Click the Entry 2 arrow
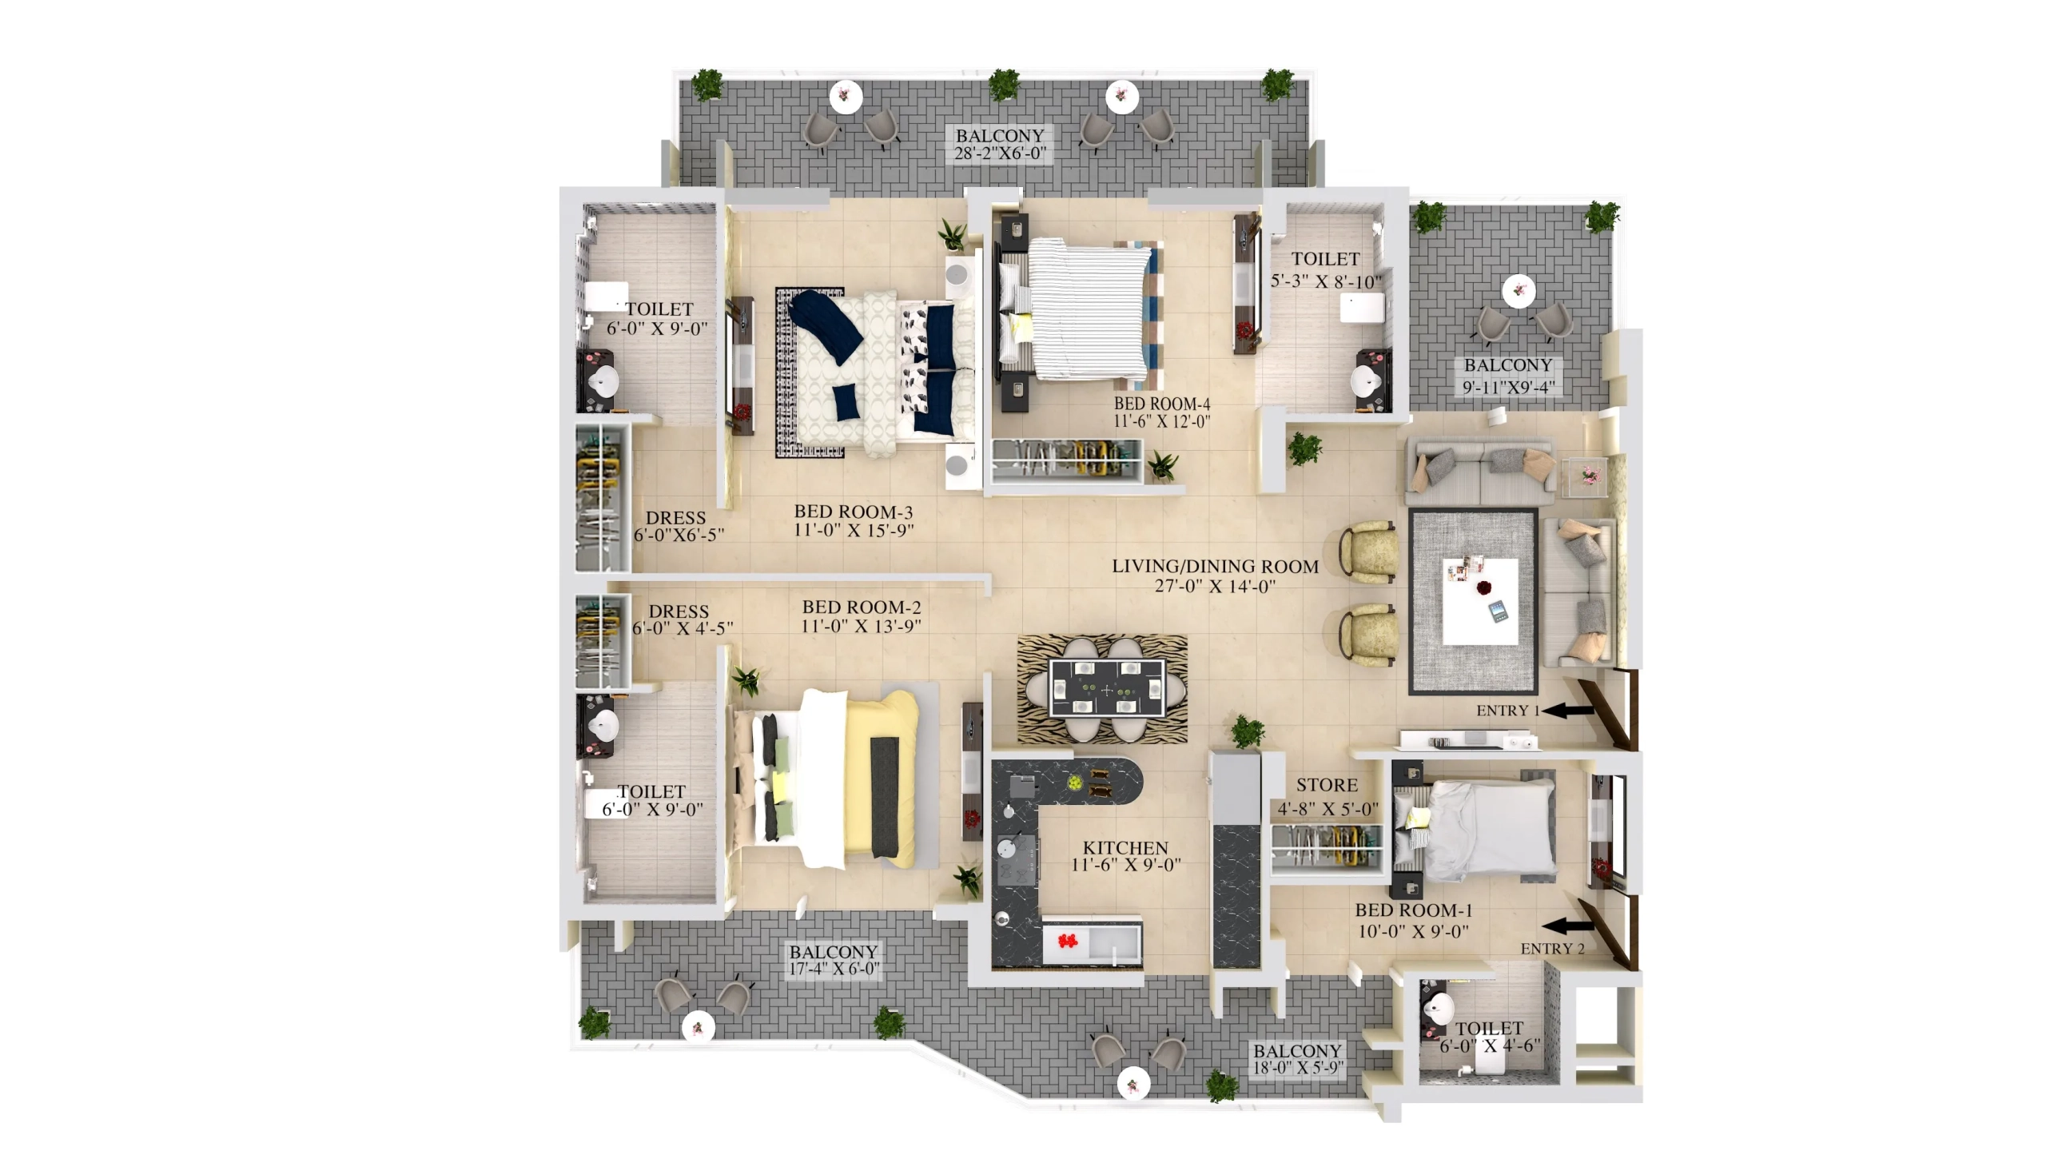[x=1567, y=926]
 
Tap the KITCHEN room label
[x=1125, y=847]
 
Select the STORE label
[x=1327, y=785]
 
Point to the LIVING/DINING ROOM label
[x=1216, y=567]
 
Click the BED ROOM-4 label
[x=1162, y=404]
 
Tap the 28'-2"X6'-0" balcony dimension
[x=1000, y=153]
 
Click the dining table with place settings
[x=1107, y=688]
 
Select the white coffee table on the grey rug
[x=1480, y=601]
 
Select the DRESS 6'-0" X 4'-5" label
[x=682, y=620]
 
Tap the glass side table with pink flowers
[x=1584, y=477]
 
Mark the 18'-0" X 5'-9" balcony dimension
[x=1298, y=1069]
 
